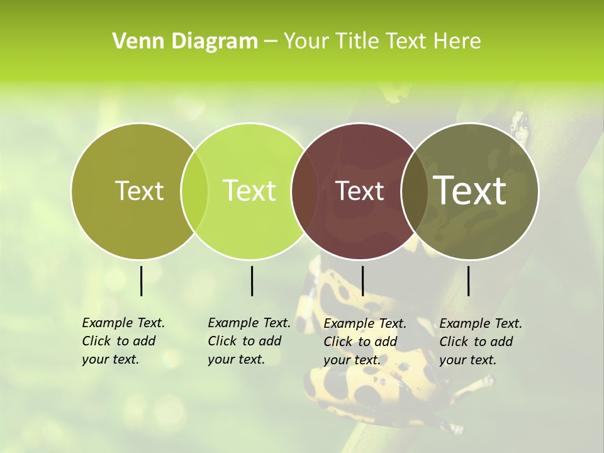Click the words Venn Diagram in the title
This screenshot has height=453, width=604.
[185, 42]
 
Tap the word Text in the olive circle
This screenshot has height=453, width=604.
[139, 191]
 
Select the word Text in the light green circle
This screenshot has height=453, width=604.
[249, 191]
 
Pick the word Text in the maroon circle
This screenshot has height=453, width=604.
[360, 191]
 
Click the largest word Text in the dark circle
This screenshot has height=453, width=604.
[470, 191]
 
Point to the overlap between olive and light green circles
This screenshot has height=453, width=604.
[194, 191]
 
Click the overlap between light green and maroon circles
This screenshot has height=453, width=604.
[305, 191]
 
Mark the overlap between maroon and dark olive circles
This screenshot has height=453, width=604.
[415, 191]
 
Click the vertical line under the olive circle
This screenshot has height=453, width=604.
[141, 281]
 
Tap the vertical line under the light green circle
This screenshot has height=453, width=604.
[252, 281]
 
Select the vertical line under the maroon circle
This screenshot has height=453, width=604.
[362, 281]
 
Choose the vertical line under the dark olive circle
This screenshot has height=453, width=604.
[469, 281]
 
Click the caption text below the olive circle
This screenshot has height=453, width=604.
[123, 341]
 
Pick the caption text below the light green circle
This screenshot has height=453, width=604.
[249, 341]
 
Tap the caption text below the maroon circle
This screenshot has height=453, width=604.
[364, 342]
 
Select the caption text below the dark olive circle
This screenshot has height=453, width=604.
[480, 342]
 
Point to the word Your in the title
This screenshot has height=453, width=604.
[306, 42]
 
